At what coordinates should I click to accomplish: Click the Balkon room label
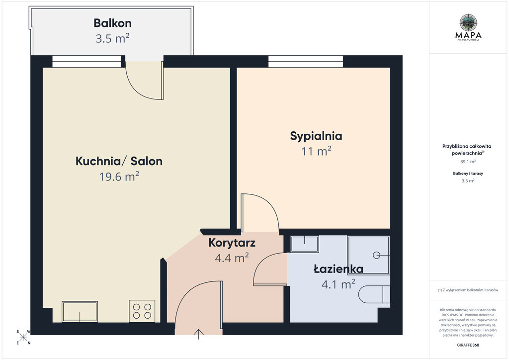[112, 23]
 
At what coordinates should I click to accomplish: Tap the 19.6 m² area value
[119, 177]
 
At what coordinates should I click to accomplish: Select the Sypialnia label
[316, 136]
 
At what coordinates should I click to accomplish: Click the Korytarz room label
[232, 243]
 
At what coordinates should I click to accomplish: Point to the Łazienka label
[338, 269]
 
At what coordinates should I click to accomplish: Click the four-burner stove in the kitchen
[142, 311]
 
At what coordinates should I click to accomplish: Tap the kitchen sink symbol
[80, 312]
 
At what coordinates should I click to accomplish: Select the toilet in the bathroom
[374, 294]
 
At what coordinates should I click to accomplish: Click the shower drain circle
[376, 255]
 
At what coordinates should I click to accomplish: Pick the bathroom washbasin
[305, 244]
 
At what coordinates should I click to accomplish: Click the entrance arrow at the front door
[199, 334]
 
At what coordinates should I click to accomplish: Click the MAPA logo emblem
[468, 23]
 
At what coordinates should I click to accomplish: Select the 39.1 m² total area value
[468, 161]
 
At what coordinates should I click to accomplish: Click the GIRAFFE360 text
[468, 345]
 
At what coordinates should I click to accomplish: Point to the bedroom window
[306, 61]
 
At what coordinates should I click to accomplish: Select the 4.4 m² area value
[232, 258]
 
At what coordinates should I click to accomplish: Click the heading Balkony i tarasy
[468, 174]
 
